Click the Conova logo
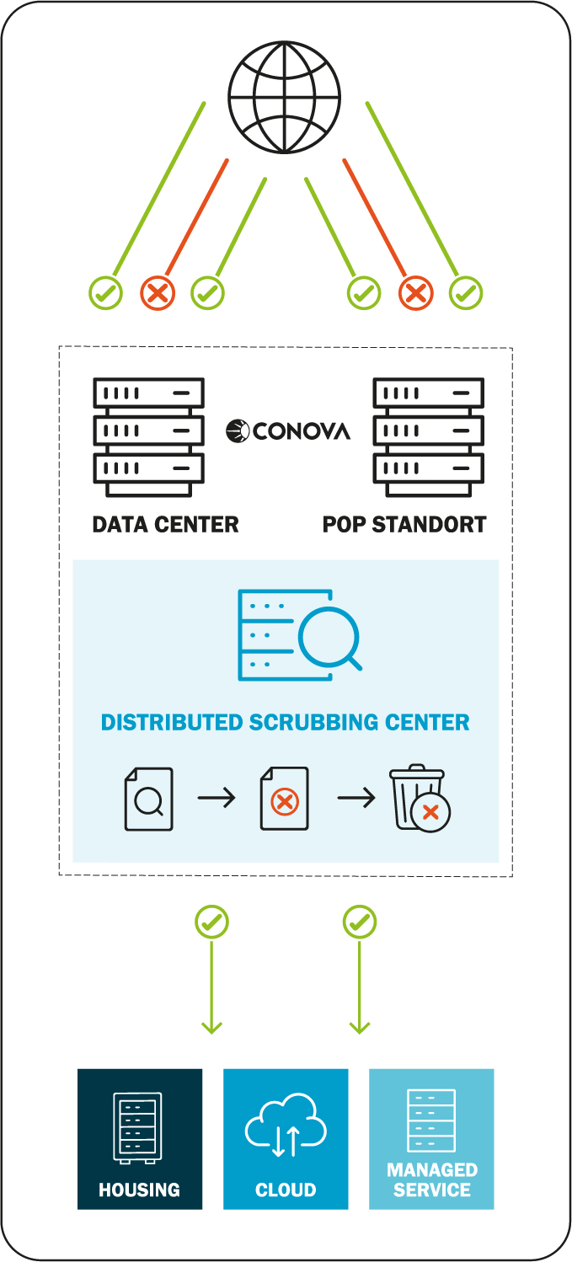coord(288,431)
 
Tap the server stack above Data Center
coord(148,437)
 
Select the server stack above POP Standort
coord(429,437)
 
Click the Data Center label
coord(166,524)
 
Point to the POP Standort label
coord(404,524)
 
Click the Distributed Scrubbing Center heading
coord(286,722)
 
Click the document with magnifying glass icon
coord(149,799)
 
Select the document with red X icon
coord(285,799)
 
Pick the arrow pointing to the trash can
coord(356,798)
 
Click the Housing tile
coord(140,1138)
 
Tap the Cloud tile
coord(286,1138)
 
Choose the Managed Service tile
coord(431,1138)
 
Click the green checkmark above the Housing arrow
coord(211,922)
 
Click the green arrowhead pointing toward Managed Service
coord(360,1026)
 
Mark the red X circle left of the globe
coord(158,293)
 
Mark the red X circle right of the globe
coord(415,293)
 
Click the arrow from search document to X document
coord(217,798)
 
